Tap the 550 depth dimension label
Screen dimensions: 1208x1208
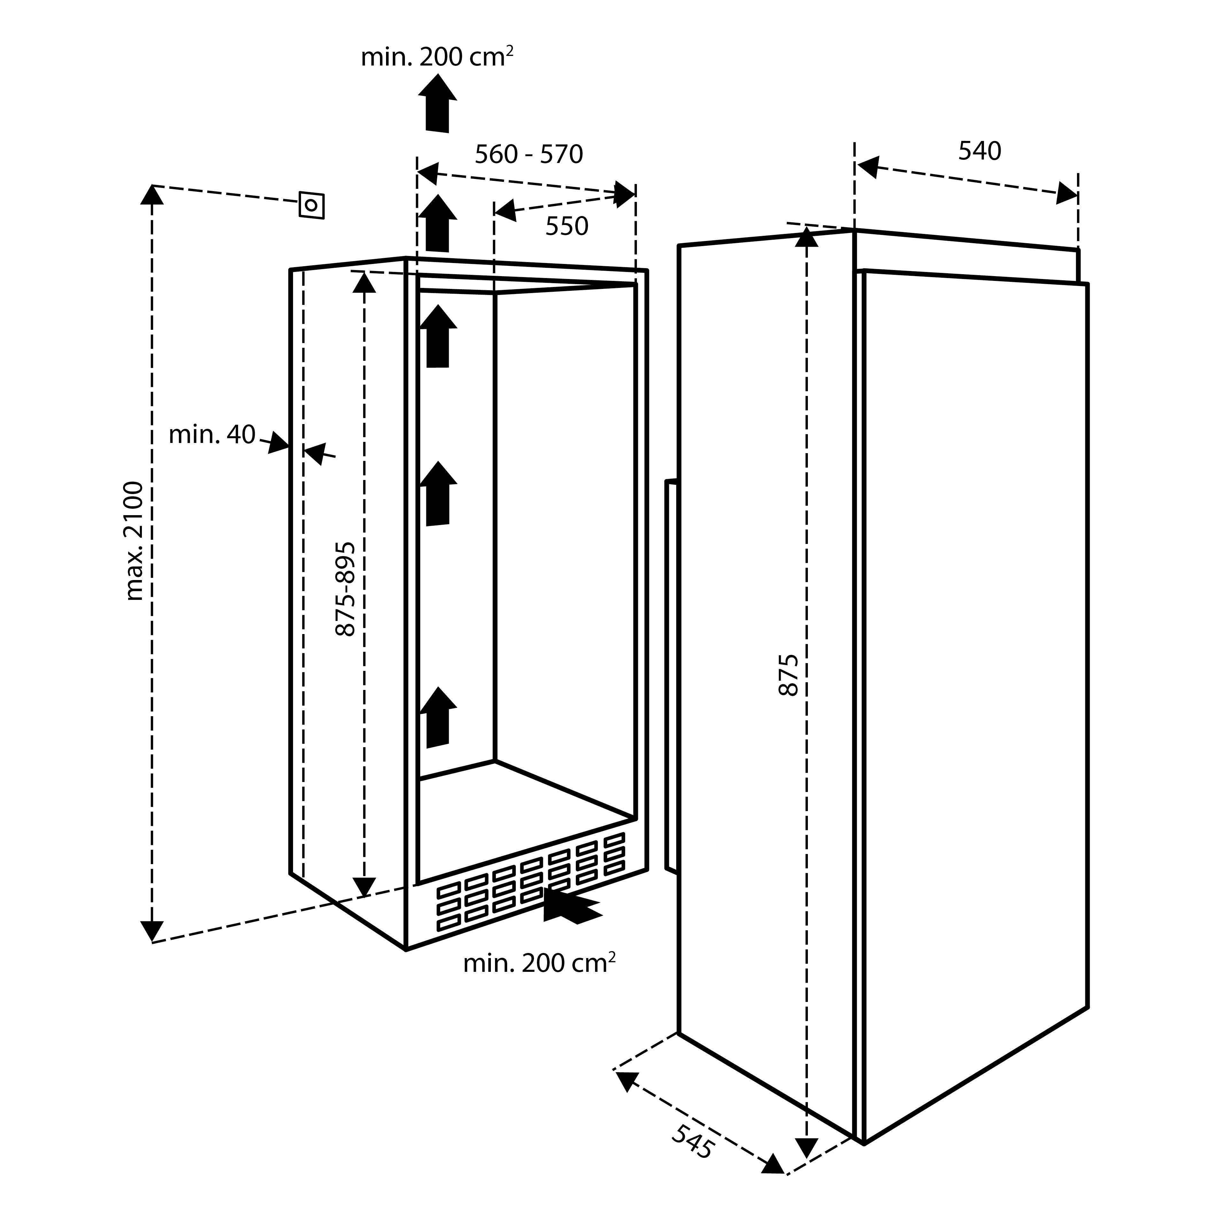(567, 226)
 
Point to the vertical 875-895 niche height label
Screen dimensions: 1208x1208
(346, 589)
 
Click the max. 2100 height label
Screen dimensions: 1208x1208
(135, 541)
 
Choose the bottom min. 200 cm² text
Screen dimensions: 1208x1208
(539, 964)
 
